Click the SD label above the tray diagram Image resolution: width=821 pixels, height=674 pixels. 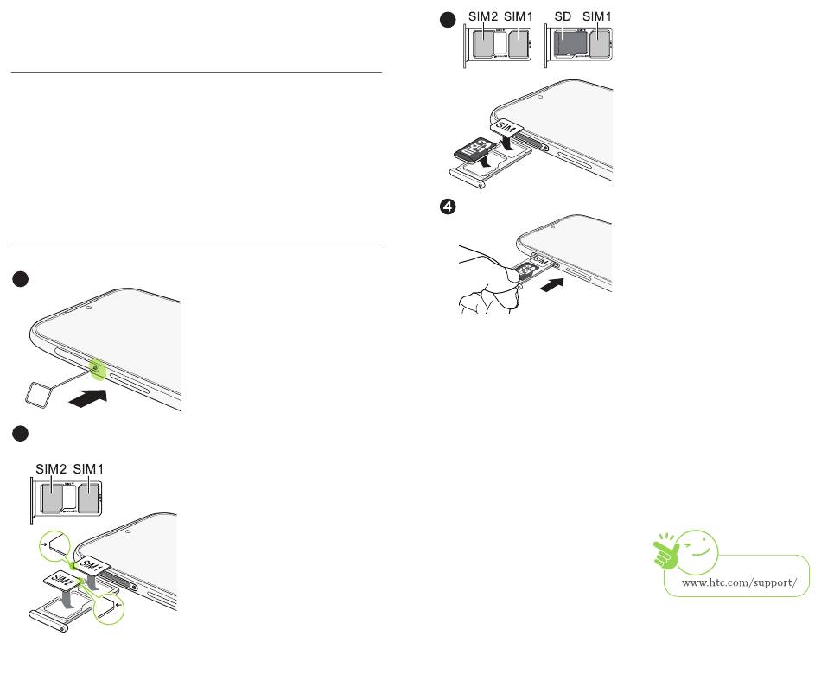tap(563, 16)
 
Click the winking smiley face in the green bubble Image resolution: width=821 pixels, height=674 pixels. tap(703, 547)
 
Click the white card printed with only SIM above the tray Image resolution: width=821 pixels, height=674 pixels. tap(507, 128)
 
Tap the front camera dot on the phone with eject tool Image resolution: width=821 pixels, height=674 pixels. tap(90, 306)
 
